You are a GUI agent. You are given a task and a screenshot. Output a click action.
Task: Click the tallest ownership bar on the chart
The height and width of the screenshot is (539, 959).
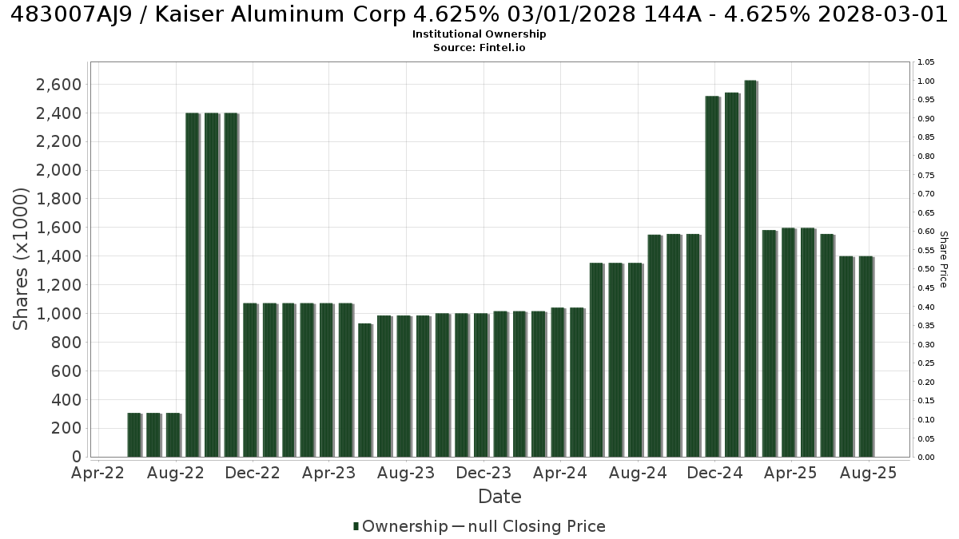coord(751,268)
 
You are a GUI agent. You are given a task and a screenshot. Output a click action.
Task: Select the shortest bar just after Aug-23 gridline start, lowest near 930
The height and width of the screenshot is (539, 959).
coord(364,390)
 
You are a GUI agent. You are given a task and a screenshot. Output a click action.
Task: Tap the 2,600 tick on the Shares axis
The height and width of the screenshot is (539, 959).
coord(58,85)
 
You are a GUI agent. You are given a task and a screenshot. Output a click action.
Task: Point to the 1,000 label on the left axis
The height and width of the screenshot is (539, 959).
coord(58,314)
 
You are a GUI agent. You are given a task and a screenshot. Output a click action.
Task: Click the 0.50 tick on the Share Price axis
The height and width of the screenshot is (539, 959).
coord(926,269)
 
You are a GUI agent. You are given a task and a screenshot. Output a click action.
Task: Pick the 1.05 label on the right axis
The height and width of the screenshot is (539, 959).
coord(926,62)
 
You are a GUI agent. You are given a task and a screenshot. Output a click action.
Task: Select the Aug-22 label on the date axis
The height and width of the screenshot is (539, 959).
coord(176,473)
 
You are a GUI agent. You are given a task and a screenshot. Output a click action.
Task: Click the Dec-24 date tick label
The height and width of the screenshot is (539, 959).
coord(714,473)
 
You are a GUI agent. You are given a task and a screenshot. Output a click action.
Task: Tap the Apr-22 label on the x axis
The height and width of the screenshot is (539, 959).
coord(97,473)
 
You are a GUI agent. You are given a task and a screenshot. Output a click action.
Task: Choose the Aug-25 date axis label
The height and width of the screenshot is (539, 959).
coord(868,473)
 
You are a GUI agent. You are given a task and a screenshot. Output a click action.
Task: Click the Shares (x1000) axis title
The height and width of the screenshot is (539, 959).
coord(20,260)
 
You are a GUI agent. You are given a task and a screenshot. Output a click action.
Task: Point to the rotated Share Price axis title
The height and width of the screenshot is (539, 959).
coord(943,260)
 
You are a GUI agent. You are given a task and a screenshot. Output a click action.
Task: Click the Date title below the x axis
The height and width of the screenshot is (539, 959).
coord(499,497)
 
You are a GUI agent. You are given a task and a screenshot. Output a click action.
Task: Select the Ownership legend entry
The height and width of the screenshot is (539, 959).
coord(400,526)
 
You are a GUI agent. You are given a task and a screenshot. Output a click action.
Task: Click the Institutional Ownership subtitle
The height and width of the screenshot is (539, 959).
coord(479,34)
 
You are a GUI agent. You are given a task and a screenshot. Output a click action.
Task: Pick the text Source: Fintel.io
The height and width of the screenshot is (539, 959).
coord(479,47)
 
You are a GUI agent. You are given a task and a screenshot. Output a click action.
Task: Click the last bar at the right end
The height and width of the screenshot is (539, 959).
coord(865,357)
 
